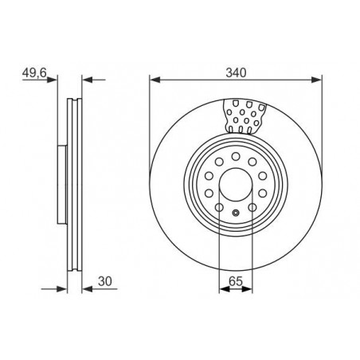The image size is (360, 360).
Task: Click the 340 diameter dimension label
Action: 236,72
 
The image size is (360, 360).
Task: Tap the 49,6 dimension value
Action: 34,72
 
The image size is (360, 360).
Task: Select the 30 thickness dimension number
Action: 105,281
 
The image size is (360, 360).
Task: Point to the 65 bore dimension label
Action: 236,281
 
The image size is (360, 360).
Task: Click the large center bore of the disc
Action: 236,184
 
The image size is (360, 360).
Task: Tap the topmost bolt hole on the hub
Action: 236,156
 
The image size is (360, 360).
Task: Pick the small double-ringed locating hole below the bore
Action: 236,213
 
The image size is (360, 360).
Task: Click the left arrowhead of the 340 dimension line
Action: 155,80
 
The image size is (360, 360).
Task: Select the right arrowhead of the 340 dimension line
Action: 316,80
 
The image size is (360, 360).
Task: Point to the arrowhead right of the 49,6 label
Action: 52,80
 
